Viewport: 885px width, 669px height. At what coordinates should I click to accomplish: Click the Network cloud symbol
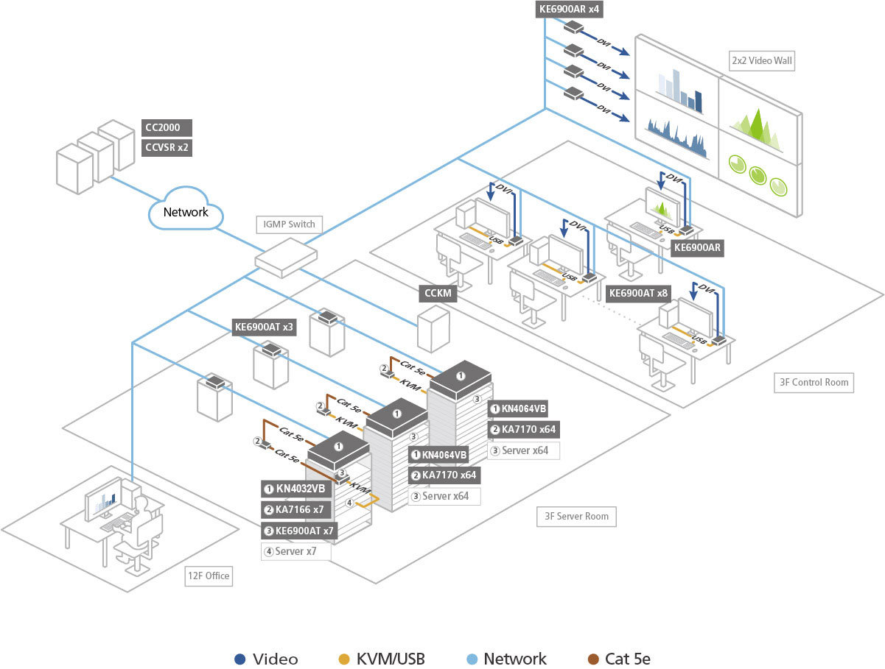tap(185, 211)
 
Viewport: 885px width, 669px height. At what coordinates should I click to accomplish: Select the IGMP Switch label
tap(289, 224)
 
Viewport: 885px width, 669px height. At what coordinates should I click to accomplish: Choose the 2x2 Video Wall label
tap(761, 60)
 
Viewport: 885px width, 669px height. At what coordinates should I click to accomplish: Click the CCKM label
tap(437, 294)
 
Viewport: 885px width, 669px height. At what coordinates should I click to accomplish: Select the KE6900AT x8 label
tap(639, 293)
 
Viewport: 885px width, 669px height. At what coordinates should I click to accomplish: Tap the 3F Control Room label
tap(813, 382)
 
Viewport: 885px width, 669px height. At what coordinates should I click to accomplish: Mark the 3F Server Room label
tap(576, 516)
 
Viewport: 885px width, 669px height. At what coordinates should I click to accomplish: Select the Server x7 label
tap(295, 551)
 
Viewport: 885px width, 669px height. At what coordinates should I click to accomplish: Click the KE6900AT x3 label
tap(264, 328)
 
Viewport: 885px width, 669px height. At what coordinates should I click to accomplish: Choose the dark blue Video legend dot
tap(239, 659)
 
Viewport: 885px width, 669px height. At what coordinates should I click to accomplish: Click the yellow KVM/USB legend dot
tap(344, 659)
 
